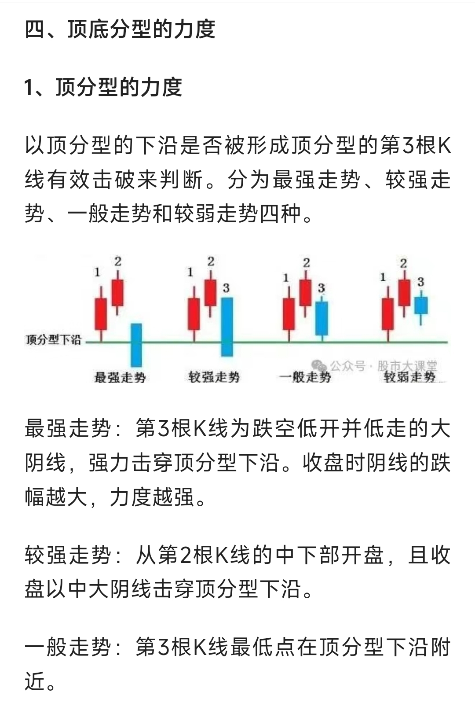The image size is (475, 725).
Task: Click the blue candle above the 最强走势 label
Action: coord(136,345)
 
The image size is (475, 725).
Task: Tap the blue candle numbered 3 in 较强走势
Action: coord(227,327)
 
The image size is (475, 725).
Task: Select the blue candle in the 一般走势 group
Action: coord(322,319)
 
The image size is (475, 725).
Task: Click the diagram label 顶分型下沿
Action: coord(53,340)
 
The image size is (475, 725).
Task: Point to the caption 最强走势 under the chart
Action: coord(120,377)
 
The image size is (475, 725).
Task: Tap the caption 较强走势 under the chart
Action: coord(214,377)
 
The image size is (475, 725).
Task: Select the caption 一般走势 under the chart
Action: coord(305,377)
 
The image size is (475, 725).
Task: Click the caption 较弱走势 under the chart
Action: coord(409,377)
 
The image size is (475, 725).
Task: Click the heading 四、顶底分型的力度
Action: coord(120,29)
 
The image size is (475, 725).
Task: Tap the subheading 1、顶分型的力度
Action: coord(103,87)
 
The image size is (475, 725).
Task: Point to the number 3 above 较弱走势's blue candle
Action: coord(420,282)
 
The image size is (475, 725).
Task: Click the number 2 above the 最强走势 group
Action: coord(118,261)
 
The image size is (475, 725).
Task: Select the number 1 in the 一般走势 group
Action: coord(286,278)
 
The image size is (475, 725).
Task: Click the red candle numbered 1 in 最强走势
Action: coord(101,314)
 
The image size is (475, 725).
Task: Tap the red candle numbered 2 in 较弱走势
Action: coord(404,293)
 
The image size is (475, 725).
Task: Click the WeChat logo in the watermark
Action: coord(319,366)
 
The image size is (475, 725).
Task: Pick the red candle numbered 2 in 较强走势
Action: coord(211,293)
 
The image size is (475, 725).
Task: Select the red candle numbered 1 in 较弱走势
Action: coord(388,314)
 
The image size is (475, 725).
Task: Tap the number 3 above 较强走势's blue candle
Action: coord(227,288)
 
